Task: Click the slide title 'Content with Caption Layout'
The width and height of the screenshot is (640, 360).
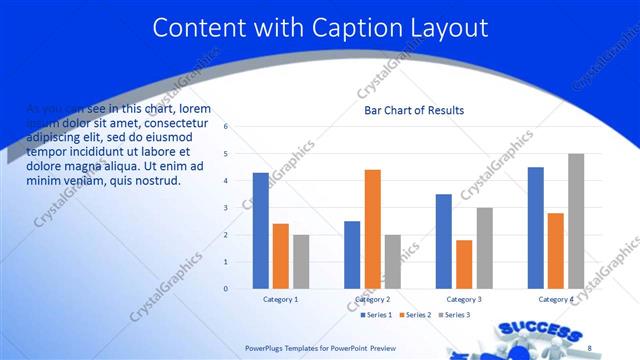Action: coord(320,27)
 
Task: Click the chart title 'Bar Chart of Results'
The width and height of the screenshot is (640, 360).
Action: coord(413,110)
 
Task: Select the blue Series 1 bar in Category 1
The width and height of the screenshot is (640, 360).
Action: coord(260,230)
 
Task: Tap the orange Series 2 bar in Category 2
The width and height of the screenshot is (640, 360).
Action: coord(372,229)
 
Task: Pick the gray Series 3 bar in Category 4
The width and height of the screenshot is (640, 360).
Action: coord(576,221)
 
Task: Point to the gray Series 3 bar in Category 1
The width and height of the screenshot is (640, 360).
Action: coord(301,261)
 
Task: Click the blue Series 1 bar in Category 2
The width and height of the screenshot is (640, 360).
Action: coord(352,254)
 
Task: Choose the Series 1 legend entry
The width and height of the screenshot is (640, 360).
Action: coord(376,315)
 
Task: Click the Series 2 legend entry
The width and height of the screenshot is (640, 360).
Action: coord(416,315)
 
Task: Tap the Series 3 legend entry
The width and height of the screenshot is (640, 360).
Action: coord(456,315)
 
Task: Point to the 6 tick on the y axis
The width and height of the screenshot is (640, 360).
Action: coord(227,127)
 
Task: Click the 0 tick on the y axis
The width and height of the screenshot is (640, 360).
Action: coord(227,289)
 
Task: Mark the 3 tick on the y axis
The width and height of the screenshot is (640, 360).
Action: coord(227,208)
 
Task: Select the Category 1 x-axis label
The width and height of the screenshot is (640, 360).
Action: coord(280,299)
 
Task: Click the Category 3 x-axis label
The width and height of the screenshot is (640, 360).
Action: coord(463,299)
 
